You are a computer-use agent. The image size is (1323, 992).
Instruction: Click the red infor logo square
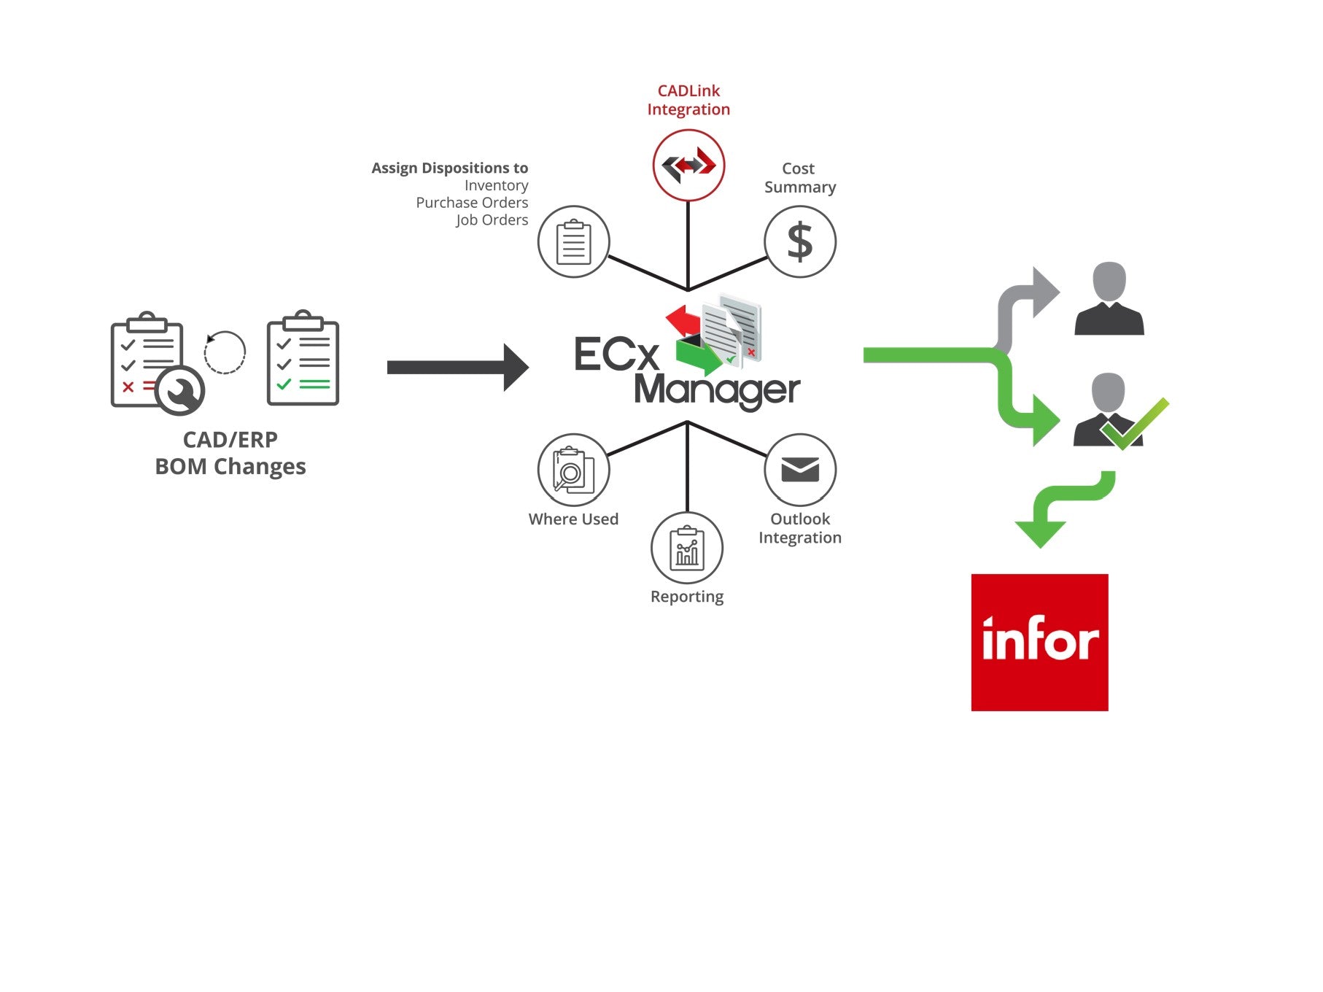coord(1039,642)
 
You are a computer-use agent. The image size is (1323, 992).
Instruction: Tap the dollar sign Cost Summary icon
coord(799,241)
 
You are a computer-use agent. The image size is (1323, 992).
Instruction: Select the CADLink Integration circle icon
coord(688,165)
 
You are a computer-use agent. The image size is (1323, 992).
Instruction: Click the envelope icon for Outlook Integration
coord(799,470)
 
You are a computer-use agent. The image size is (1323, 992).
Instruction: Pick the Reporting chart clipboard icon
coord(686,549)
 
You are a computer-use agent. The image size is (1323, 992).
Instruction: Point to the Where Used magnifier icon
coord(573,470)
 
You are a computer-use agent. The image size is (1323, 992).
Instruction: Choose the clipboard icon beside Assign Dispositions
coord(573,241)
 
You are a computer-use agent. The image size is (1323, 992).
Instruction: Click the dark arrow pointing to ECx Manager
coord(457,368)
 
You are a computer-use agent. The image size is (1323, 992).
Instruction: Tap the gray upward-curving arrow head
coord(1044,292)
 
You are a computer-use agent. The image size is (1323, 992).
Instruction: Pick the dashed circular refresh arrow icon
coord(225,353)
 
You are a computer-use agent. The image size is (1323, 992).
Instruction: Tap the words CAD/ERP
coord(230,440)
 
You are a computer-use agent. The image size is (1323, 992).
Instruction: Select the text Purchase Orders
coord(472,203)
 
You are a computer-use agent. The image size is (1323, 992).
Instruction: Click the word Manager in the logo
coord(717,390)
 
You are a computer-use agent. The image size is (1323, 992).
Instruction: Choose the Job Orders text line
coord(492,220)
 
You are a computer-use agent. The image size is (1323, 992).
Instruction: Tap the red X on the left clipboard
coord(128,387)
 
